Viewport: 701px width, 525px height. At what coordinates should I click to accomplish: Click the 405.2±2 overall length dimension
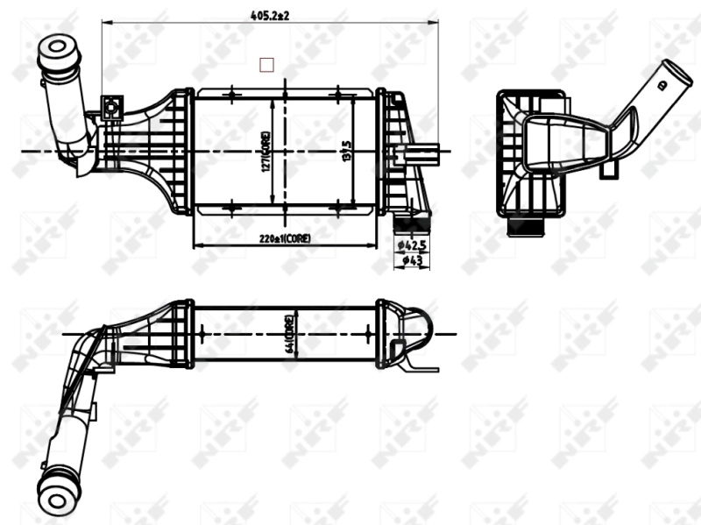click(x=269, y=15)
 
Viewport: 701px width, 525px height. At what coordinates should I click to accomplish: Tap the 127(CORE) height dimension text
click(x=264, y=151)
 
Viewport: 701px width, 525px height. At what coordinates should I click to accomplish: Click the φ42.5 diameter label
click(x=411, y=245)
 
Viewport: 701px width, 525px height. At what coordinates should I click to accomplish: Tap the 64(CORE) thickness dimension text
click(x=288, y=334)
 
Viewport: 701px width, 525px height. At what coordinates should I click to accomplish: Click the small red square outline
click(x=267, y=64)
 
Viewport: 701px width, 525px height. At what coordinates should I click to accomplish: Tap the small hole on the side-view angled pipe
click(x=662, y=85)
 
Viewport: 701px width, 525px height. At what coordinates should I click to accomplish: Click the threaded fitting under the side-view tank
click(x=528, y=230)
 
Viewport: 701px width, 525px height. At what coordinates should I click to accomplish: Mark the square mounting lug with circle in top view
click(x=112, y=109)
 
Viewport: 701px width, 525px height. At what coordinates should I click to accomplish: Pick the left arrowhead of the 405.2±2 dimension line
click(x=106, y=23)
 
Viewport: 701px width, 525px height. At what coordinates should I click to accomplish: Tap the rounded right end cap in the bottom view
click(x=422, y=330)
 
